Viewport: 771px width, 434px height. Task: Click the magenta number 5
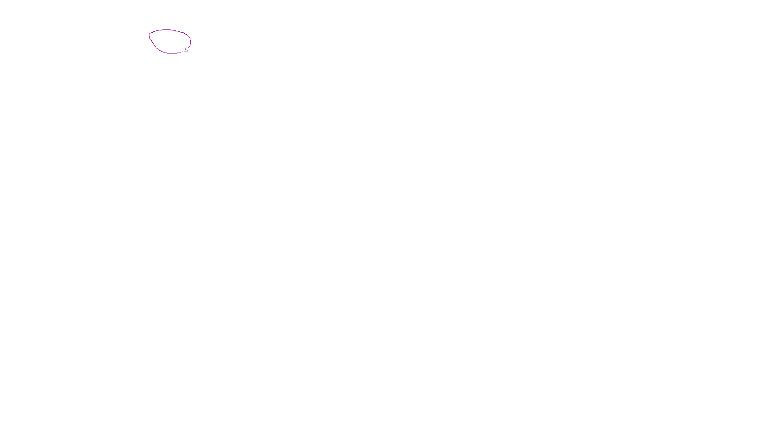(186, 50)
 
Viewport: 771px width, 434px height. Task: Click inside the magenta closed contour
(169, 41)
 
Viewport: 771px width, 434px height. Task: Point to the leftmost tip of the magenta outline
(149, 35)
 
